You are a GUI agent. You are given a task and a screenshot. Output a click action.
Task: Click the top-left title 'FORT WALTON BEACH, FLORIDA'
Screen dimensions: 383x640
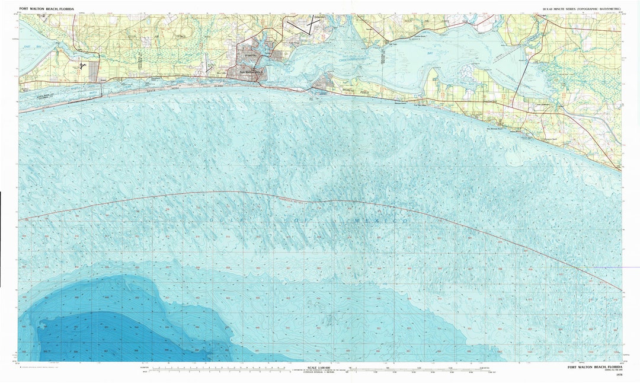pyautogui.click(x=48, y=9)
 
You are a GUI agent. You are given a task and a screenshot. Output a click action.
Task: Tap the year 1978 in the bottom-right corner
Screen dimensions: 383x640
pyautogui.click(x=619, y=375)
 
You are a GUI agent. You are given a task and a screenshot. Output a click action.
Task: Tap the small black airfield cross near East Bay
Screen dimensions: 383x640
pyautogui.click(x=84, y=66)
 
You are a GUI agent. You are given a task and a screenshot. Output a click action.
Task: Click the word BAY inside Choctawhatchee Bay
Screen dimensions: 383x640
pyautogui.click(x=431, y=53)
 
